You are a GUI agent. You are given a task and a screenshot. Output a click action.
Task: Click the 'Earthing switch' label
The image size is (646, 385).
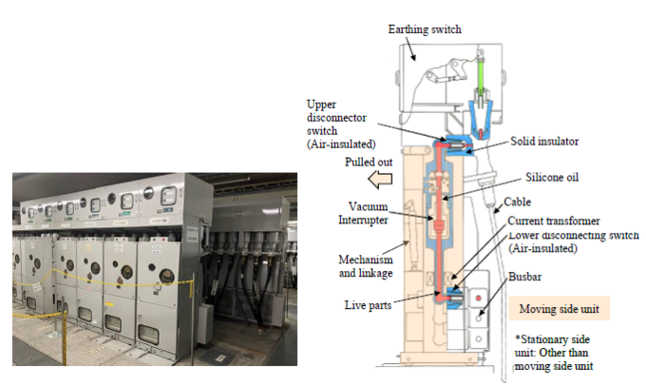[x=425, y=29]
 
